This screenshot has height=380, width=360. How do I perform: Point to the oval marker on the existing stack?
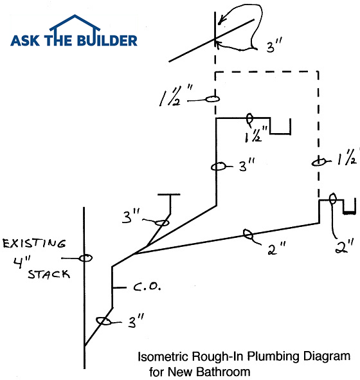pos(84,258)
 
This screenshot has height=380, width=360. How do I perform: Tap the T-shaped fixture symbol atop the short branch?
pos(170,195)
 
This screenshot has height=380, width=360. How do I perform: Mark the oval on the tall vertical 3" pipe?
pos(218,167)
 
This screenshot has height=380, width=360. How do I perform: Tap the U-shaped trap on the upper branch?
pos(280,127)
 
